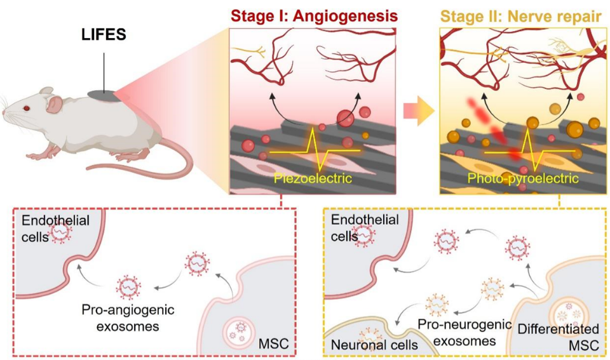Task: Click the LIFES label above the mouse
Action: point(103,35)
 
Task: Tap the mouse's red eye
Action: point(27,109)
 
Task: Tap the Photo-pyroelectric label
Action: point(522,178)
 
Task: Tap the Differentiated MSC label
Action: point(558,337)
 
